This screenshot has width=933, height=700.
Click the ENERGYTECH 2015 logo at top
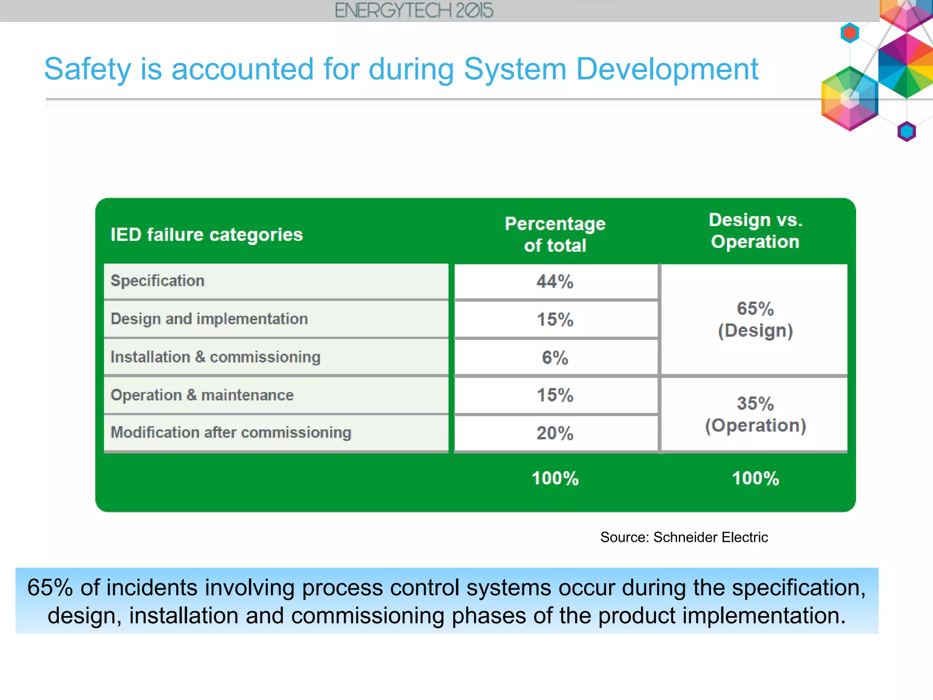click(414, 10)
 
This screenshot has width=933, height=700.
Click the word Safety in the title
click(87, 69)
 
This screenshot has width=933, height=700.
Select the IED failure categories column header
click(206, 235)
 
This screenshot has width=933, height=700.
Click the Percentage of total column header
click(555, 234)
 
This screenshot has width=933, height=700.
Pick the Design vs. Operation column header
click(755, 231)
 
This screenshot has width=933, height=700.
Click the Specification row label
click(158, 281)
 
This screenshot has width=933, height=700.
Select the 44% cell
click(555, 282)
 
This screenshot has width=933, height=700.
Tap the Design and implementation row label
click(209, 319)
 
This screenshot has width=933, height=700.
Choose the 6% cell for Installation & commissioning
click(555, 358)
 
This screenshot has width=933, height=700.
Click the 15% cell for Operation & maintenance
click(555, 395)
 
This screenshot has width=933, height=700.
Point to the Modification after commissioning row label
click(231, 432)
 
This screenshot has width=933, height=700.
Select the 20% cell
click(555, 433)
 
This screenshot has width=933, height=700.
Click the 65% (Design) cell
click(755, 319)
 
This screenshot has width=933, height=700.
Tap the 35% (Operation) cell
click(755, 414)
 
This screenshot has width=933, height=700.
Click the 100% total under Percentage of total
click(555, 479)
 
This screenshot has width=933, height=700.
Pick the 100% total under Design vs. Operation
click(755, 479)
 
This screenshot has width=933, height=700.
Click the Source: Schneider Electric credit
click(684, 537)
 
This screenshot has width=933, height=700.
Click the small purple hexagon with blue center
click(907, 132)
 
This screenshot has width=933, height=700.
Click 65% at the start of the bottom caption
click(50, 588)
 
